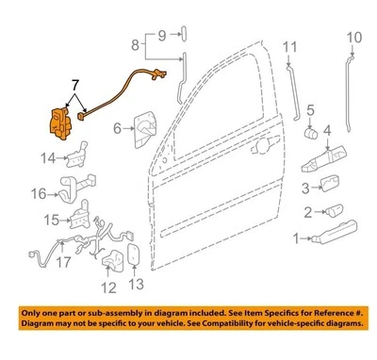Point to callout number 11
pyautogui.click(x=291, y=45)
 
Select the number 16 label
pyautogui.click(x=39, y=194)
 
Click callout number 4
pyautogui.click(x=328, y=129)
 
